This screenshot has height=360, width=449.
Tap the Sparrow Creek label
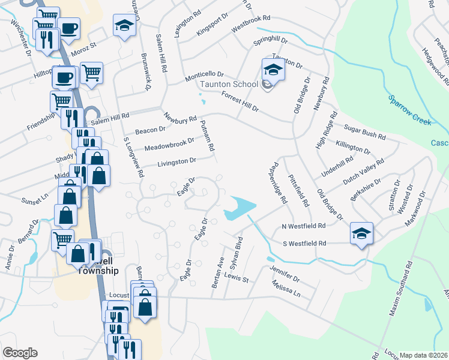pos(410,110)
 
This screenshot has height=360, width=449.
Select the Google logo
pos(20,352)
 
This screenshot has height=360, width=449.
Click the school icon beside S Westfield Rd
pos(362,233)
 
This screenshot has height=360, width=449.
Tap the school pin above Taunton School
pos(273,71)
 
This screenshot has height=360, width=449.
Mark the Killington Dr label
pos(354,146)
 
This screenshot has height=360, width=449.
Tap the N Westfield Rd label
pos(303,227)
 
